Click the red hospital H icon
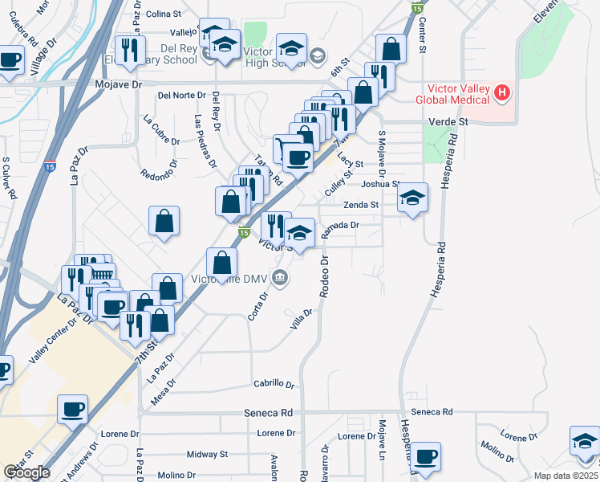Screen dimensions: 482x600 pyautogui.click(x=503, y=93)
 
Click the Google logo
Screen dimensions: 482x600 pyautogui.click(x=26, y=472)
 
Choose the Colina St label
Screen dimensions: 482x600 pyautogui.click(x=165, y=14)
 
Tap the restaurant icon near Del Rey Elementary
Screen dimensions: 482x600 pyautogui.click(x=129, y=51)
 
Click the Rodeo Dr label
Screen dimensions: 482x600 pyautogui.click(x=325, y=277)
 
